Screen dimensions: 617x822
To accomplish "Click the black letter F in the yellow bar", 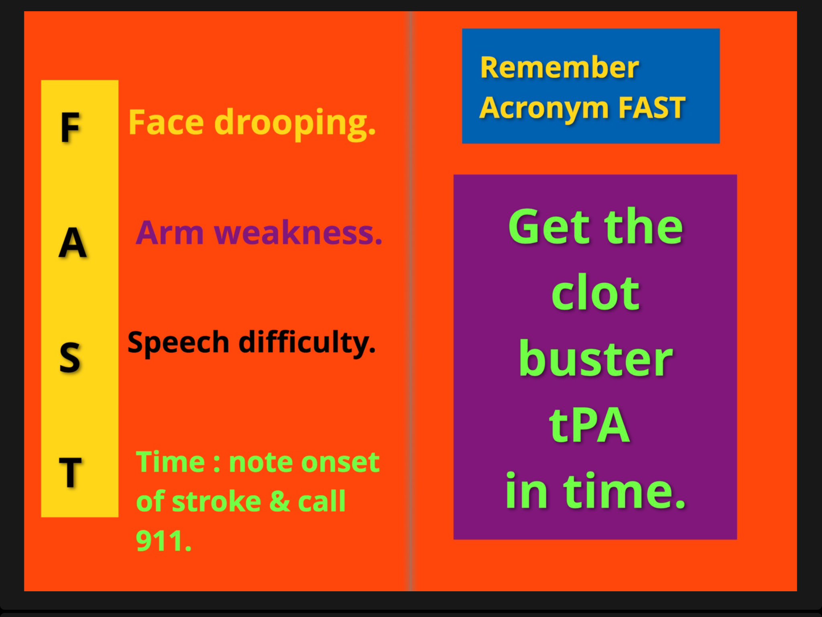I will pos(71,127).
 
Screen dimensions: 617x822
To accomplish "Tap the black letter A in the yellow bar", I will pos(73,243).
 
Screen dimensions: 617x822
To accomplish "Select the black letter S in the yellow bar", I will pos(70,357).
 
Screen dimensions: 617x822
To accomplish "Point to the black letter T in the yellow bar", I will pos(70,472).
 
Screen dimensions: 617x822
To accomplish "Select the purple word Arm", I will pos(169,233).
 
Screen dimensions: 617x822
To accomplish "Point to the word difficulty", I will pos(307,343).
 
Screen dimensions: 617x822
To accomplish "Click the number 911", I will pos(163,541).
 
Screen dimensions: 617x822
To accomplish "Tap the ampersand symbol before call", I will pos(280,501).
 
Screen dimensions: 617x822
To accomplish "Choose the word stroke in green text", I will pos(217,502).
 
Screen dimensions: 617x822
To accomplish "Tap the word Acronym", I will pos(545,108).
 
